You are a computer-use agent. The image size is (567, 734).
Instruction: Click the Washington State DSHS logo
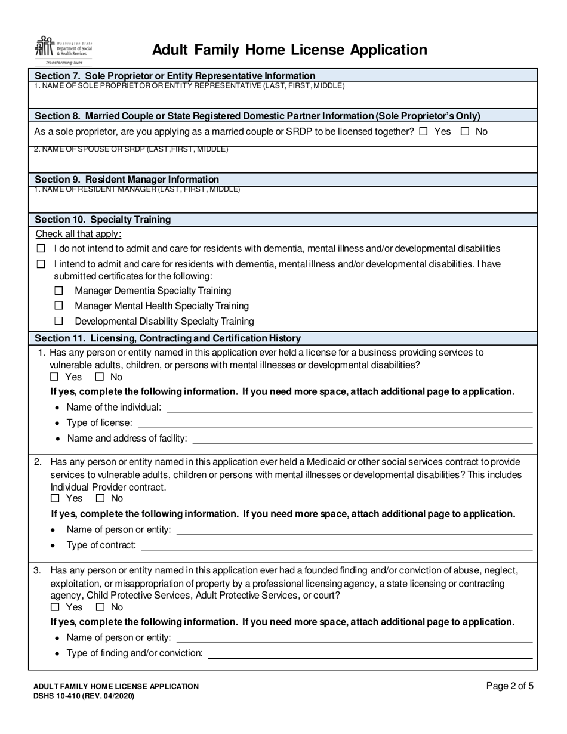coord(65,50)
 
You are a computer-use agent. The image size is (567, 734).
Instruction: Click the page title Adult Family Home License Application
coord(289,50)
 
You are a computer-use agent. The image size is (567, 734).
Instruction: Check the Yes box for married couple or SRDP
coord(423,132)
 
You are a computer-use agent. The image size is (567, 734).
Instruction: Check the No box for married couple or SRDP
coord(465,132)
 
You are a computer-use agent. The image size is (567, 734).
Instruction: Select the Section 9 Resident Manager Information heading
coord(127,180)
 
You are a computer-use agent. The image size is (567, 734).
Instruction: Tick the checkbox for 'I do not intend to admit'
coord(41,249)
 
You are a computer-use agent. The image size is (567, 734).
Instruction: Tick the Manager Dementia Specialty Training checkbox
coord(58,291)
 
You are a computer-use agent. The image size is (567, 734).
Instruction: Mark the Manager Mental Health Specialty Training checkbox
coord(58,306)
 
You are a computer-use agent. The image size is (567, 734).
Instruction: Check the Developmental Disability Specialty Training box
coord(58,322)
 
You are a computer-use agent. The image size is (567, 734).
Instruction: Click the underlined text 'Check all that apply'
coord(78,234)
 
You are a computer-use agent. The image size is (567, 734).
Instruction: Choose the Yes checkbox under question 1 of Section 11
coord(55,377)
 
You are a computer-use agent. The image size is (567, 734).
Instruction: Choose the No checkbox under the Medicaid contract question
coord(100,498)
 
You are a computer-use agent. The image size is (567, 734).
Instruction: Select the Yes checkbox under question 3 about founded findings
coord(55,607)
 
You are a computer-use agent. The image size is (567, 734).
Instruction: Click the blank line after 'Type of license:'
coord(334,424)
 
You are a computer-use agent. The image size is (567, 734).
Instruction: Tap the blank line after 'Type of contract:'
coord(337,545)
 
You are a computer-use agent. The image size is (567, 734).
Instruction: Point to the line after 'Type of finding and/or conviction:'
coord(369,653)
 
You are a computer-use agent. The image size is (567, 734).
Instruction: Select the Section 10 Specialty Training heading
coord(103,220)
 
